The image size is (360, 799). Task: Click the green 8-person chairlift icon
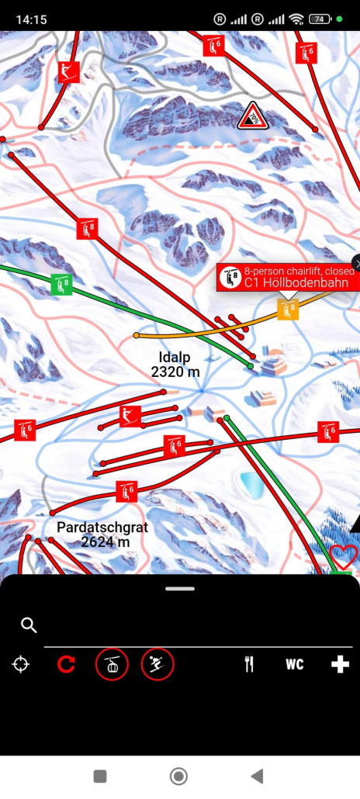point(61,284)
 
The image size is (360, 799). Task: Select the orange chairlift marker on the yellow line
point(289,310)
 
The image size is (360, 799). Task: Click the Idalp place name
point(175,358)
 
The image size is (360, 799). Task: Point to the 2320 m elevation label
point(175,372)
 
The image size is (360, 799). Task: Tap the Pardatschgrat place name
point(102,527)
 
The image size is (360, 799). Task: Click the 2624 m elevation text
point(105,542)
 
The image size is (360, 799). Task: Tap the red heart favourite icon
point(343,556)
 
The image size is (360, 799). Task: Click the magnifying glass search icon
point(29,625)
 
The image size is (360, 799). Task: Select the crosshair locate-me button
point(21,664)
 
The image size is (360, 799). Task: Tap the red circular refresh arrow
point(66,664)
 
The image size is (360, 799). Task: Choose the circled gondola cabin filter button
point(112,664)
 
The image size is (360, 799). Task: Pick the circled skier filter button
point(157,664)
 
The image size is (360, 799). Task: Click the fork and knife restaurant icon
point(249,664)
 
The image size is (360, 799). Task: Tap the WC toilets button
point(294,664)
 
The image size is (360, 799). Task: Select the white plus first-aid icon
point(340,664)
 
